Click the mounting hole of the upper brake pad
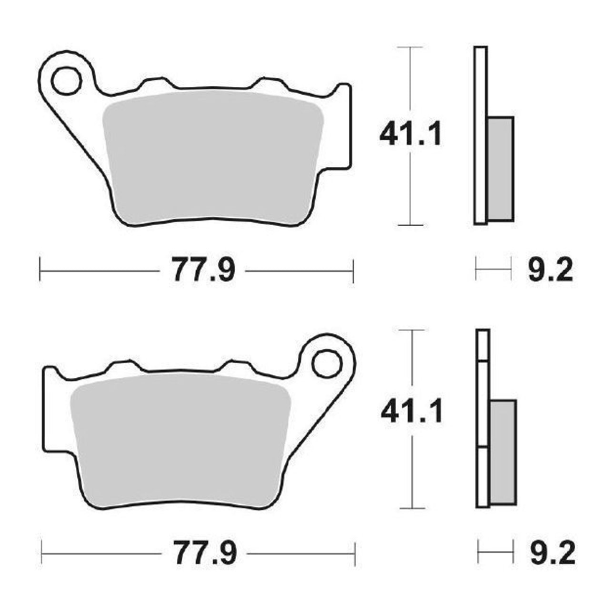click(66, 80)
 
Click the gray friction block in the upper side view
click(501, 169)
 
